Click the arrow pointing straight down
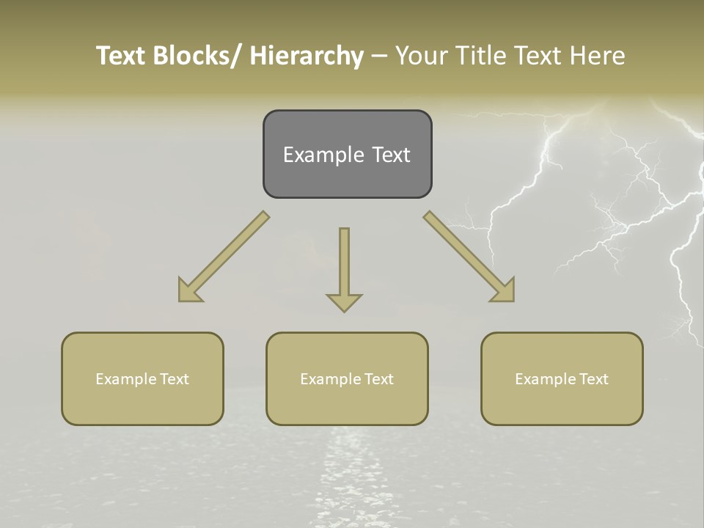(x=344, y=268)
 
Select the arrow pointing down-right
(x=469, y=257)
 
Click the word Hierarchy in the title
(x=307, y=56)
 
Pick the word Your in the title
(x=422, y=56)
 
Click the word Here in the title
(x=598, y=56)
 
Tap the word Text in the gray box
(x=390, y=155)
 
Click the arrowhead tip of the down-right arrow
(x=513, y=300)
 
